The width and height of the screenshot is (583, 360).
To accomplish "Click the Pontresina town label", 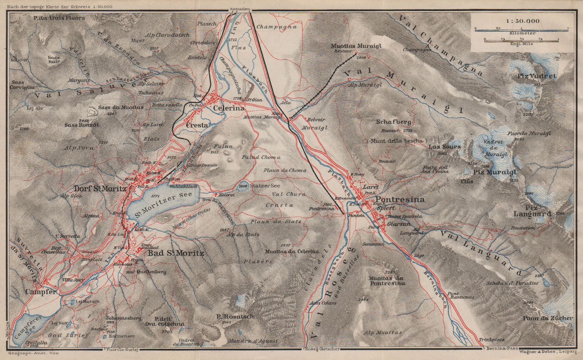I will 400,200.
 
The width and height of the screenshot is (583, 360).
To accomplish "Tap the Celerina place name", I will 228,108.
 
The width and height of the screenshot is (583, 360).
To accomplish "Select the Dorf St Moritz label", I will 100,189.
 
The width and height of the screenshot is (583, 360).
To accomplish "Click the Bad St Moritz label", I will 175,253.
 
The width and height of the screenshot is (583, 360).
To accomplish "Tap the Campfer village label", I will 41,292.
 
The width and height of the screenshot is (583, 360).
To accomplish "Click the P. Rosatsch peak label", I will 235,316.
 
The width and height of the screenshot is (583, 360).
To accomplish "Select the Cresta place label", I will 197,125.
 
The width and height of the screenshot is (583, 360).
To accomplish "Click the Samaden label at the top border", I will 239,9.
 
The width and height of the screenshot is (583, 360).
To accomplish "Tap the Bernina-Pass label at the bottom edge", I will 502,349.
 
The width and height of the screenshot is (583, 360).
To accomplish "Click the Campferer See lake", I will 29,330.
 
